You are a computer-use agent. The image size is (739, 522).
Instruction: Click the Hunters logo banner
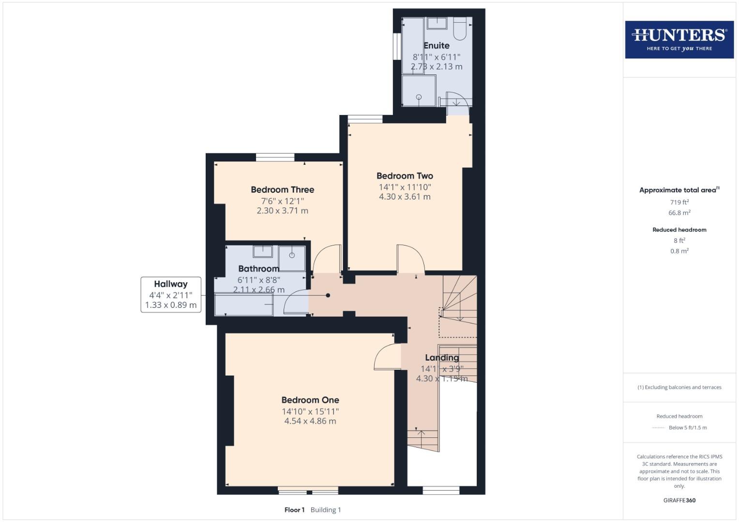679,40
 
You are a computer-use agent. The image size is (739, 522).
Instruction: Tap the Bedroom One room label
310,400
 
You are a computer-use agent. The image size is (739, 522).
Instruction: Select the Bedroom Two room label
405,176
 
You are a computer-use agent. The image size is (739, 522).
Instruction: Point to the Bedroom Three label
282,190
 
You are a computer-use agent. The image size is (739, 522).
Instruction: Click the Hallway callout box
171,294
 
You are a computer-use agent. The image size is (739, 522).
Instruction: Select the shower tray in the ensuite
419,92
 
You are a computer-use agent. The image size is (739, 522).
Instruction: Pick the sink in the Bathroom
263,251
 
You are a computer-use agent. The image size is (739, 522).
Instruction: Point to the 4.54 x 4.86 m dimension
310,421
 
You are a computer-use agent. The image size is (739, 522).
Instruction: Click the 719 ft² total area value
679,203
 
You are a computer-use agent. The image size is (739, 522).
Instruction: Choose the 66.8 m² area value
679,213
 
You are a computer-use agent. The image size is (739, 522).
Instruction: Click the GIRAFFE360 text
679,500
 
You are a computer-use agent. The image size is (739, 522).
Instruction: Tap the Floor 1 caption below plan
294,510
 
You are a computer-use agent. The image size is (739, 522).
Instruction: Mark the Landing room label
442,358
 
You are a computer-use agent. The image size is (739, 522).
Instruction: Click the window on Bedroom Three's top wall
275,157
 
